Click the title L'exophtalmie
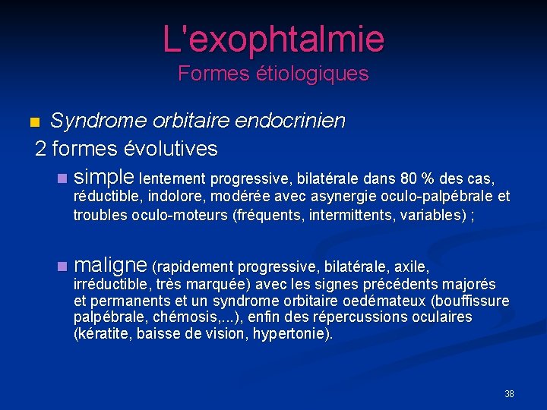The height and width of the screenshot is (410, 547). click(x=273, y=38)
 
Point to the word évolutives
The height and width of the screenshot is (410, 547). click(x=175, y=148)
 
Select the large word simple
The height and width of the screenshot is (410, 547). click(x=105, y=177)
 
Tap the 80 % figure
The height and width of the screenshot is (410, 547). click(x=417, y=179)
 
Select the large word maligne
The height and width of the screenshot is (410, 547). click(x=111, y=265)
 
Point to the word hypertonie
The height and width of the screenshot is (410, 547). click(x=291, y=334)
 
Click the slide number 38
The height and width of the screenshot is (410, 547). click(x=509, y=394)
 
